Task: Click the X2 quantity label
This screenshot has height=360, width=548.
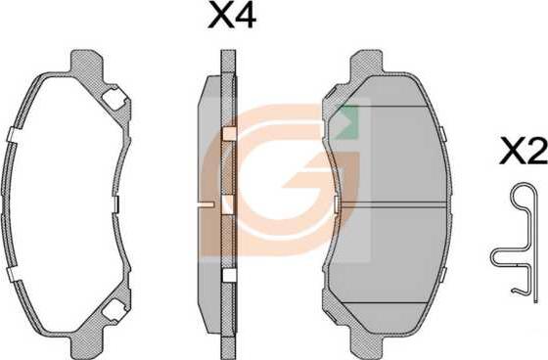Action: tap(524, 151)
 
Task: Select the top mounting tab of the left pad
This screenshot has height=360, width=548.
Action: tap(87, 63)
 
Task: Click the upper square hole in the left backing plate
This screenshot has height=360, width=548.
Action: tap(114, 99)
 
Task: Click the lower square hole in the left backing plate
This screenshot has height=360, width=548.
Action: tap(114, 309)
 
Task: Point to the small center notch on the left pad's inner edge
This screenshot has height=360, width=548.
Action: tap(115, 204)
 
